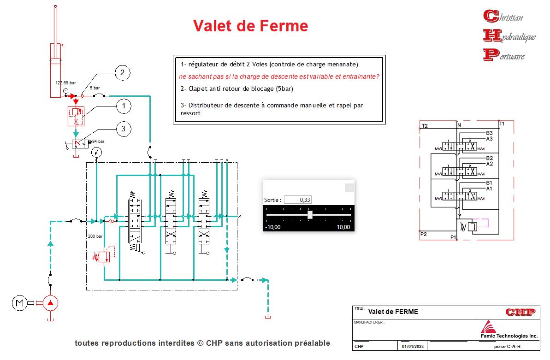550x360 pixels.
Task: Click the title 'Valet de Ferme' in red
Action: (x=250, y=25)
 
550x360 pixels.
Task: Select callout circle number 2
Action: (x=122, y=73)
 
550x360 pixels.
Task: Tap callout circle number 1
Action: (x=123, y=106)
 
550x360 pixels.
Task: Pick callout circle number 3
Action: (x=123, y=129)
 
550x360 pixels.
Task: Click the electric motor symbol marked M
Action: (x=19, y=303)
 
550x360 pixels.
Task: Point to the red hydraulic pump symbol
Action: (x=51, y=303)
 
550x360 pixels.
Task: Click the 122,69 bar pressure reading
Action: (x=65, y=83)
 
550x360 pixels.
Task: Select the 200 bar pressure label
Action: (x=94, y=236)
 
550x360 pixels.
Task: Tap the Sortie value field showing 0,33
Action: (x=298, y=200)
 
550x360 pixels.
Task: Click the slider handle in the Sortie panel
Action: (x=310, y=215)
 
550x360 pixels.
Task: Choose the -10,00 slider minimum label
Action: (x=273, y=227)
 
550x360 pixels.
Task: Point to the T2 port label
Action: (x=425, y=126)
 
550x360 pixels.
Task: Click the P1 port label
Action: (x=453, y=237)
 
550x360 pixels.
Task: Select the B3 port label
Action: (x=489, y=133)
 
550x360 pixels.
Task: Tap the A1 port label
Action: (x=489, y=189)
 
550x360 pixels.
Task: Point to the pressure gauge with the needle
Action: (x=96, y=152)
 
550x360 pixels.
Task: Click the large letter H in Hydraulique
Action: (x=491, y=35)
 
